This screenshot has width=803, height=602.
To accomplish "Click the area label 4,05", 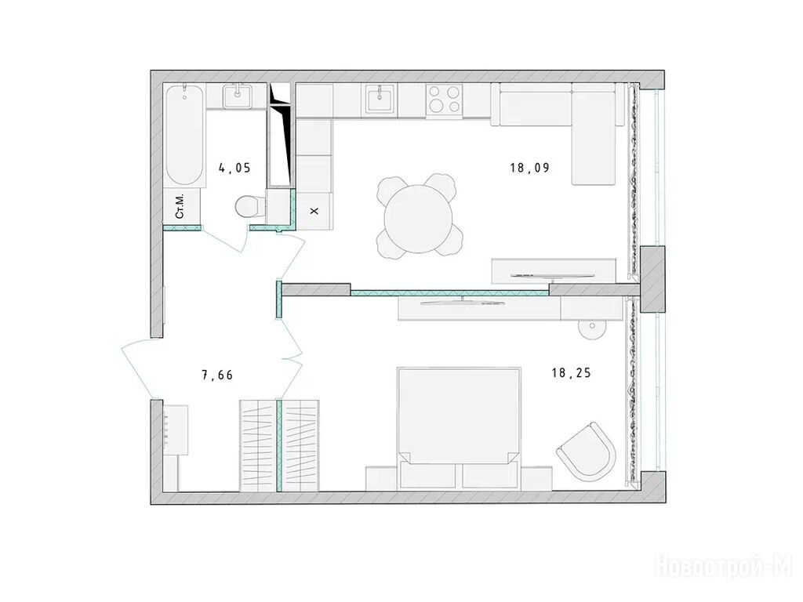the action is [x=234, y=168].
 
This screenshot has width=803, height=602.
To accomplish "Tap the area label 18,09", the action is [x=529, y=168].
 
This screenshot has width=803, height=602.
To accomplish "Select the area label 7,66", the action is [x=217, y=375].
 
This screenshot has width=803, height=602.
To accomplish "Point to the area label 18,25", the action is [x=571, y=373].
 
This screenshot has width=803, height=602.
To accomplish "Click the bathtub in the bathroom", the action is [x=185, y=136].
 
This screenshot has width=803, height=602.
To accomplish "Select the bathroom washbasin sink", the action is [x=237, y=96].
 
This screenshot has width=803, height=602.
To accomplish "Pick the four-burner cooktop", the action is [x=445, y=99].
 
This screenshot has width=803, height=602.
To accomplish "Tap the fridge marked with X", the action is [x=315, y=210].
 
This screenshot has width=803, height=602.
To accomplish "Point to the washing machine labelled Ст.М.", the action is [x=182, y=206].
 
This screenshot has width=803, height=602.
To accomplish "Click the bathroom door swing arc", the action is [x=224, y=241].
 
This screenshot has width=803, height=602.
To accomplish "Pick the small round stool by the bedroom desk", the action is [x=592, y=328].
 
